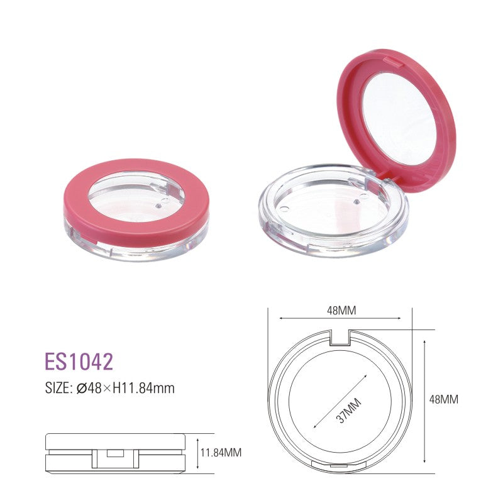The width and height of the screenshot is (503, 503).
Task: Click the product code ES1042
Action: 79,362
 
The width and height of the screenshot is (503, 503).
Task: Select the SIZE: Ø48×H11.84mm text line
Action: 109,389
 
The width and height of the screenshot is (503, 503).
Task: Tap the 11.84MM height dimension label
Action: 221,452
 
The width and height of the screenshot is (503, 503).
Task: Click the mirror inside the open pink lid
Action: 400,119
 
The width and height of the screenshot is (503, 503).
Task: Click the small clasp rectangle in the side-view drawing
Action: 115,453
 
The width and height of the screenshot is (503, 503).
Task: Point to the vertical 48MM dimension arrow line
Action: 426,402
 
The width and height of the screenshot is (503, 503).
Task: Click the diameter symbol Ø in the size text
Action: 81,389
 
